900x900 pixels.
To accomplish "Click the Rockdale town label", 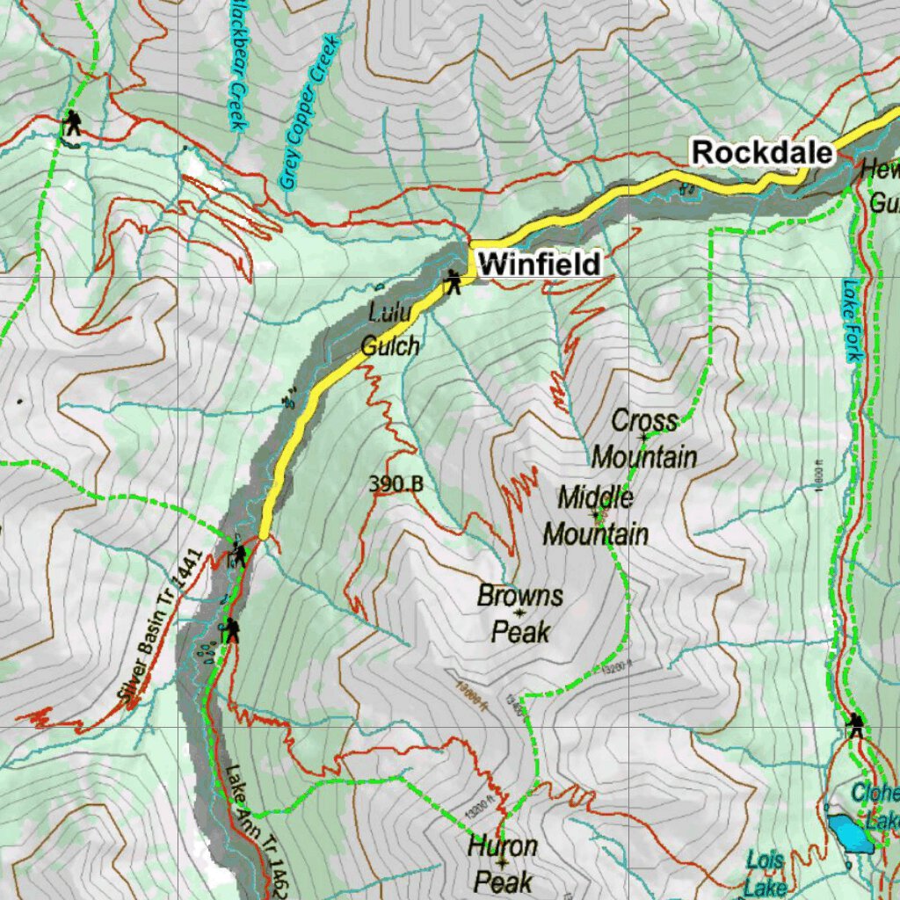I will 761,152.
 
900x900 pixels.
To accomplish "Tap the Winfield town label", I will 541,264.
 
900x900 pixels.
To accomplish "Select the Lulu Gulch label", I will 390,329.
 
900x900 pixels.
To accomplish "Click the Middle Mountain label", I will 596,516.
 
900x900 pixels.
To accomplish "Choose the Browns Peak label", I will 519,613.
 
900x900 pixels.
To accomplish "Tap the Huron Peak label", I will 502,864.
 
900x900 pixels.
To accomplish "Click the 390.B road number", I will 396,484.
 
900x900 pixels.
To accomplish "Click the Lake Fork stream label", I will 850,320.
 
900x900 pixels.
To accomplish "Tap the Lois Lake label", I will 766,873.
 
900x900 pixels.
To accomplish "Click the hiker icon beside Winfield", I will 453,282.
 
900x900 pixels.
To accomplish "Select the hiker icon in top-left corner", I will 72,122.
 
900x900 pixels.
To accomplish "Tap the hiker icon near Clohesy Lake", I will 855,725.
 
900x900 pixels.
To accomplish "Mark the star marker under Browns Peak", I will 520,613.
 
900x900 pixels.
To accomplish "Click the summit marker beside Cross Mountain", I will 643,437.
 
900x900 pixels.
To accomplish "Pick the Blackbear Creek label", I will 236,64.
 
